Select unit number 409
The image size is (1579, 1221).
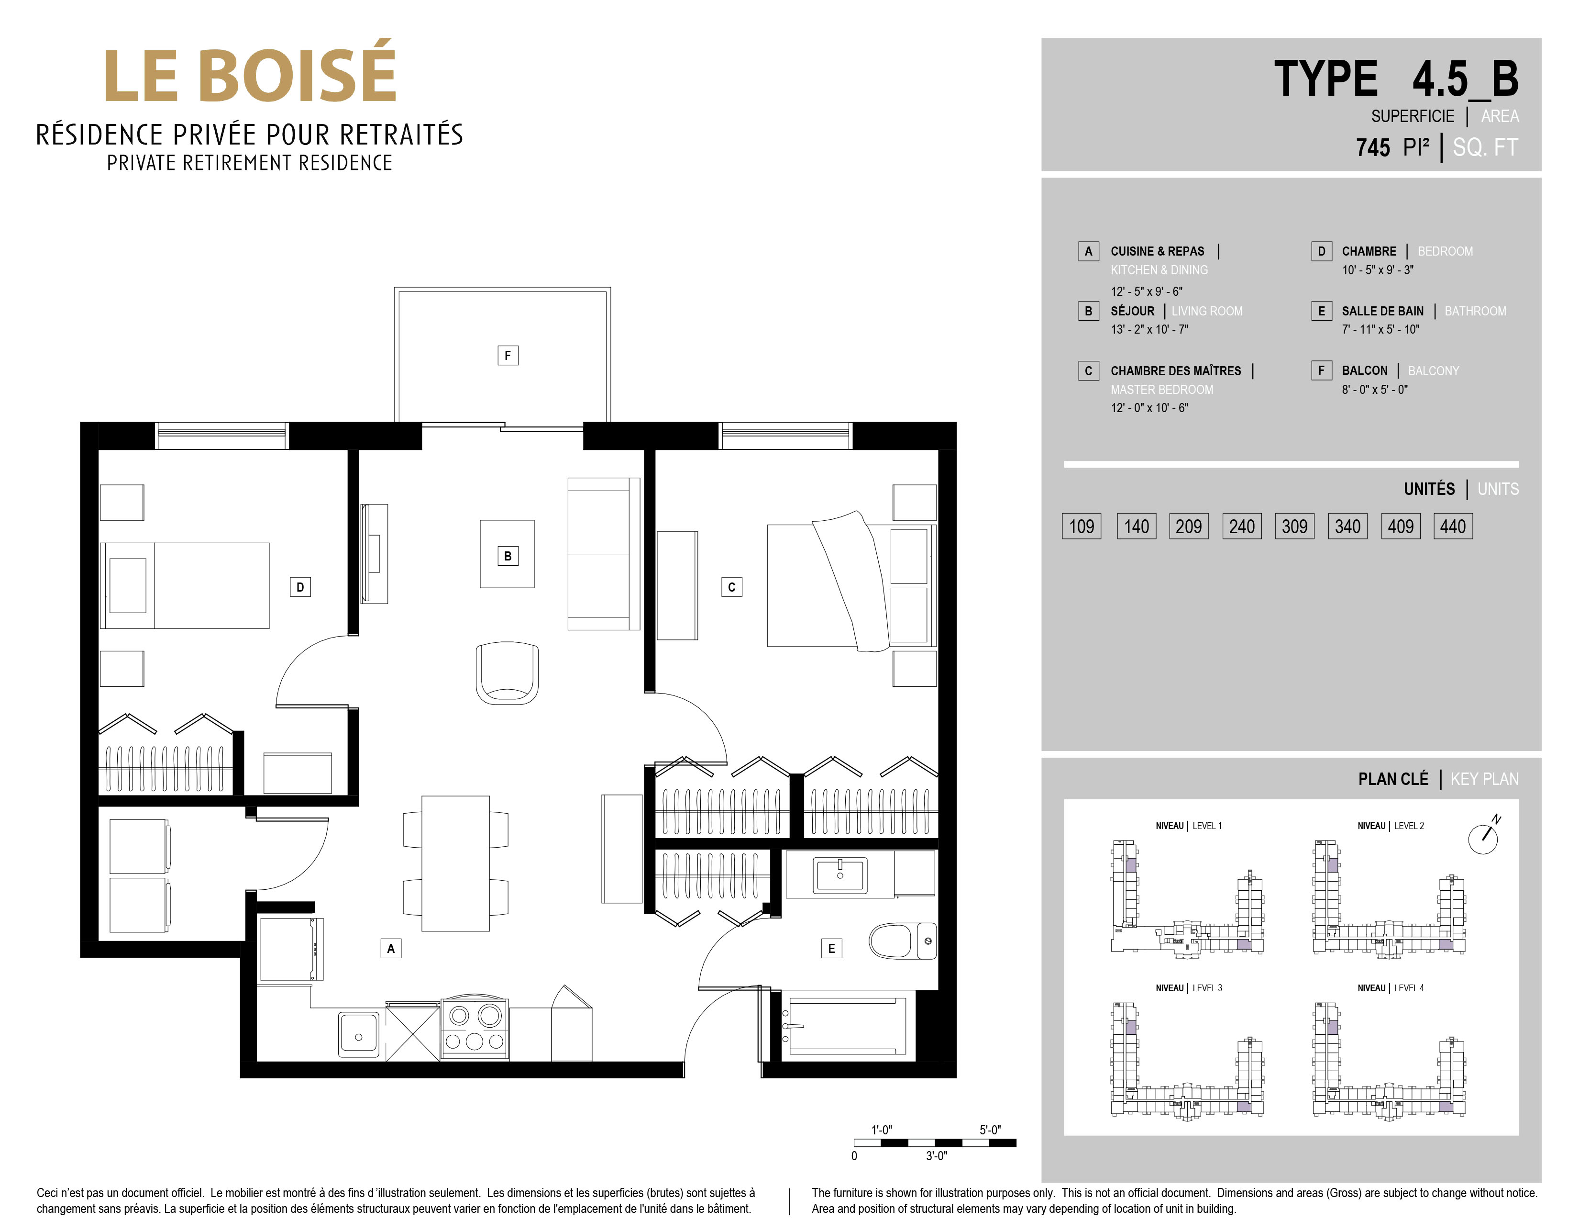click(x=1401, y=526)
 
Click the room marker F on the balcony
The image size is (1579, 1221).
click(x=508, y=355)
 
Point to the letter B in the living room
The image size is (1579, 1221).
click(x=508, y=556)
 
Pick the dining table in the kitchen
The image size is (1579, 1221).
click(x=455, y=863)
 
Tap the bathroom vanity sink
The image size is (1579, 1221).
click(x=839, y=874)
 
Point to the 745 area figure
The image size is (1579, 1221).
click(x=1373, y=147)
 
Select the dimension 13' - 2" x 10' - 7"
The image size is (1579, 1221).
click(x=1149, y=330)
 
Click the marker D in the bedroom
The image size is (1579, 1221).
click(x=300, y=587)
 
